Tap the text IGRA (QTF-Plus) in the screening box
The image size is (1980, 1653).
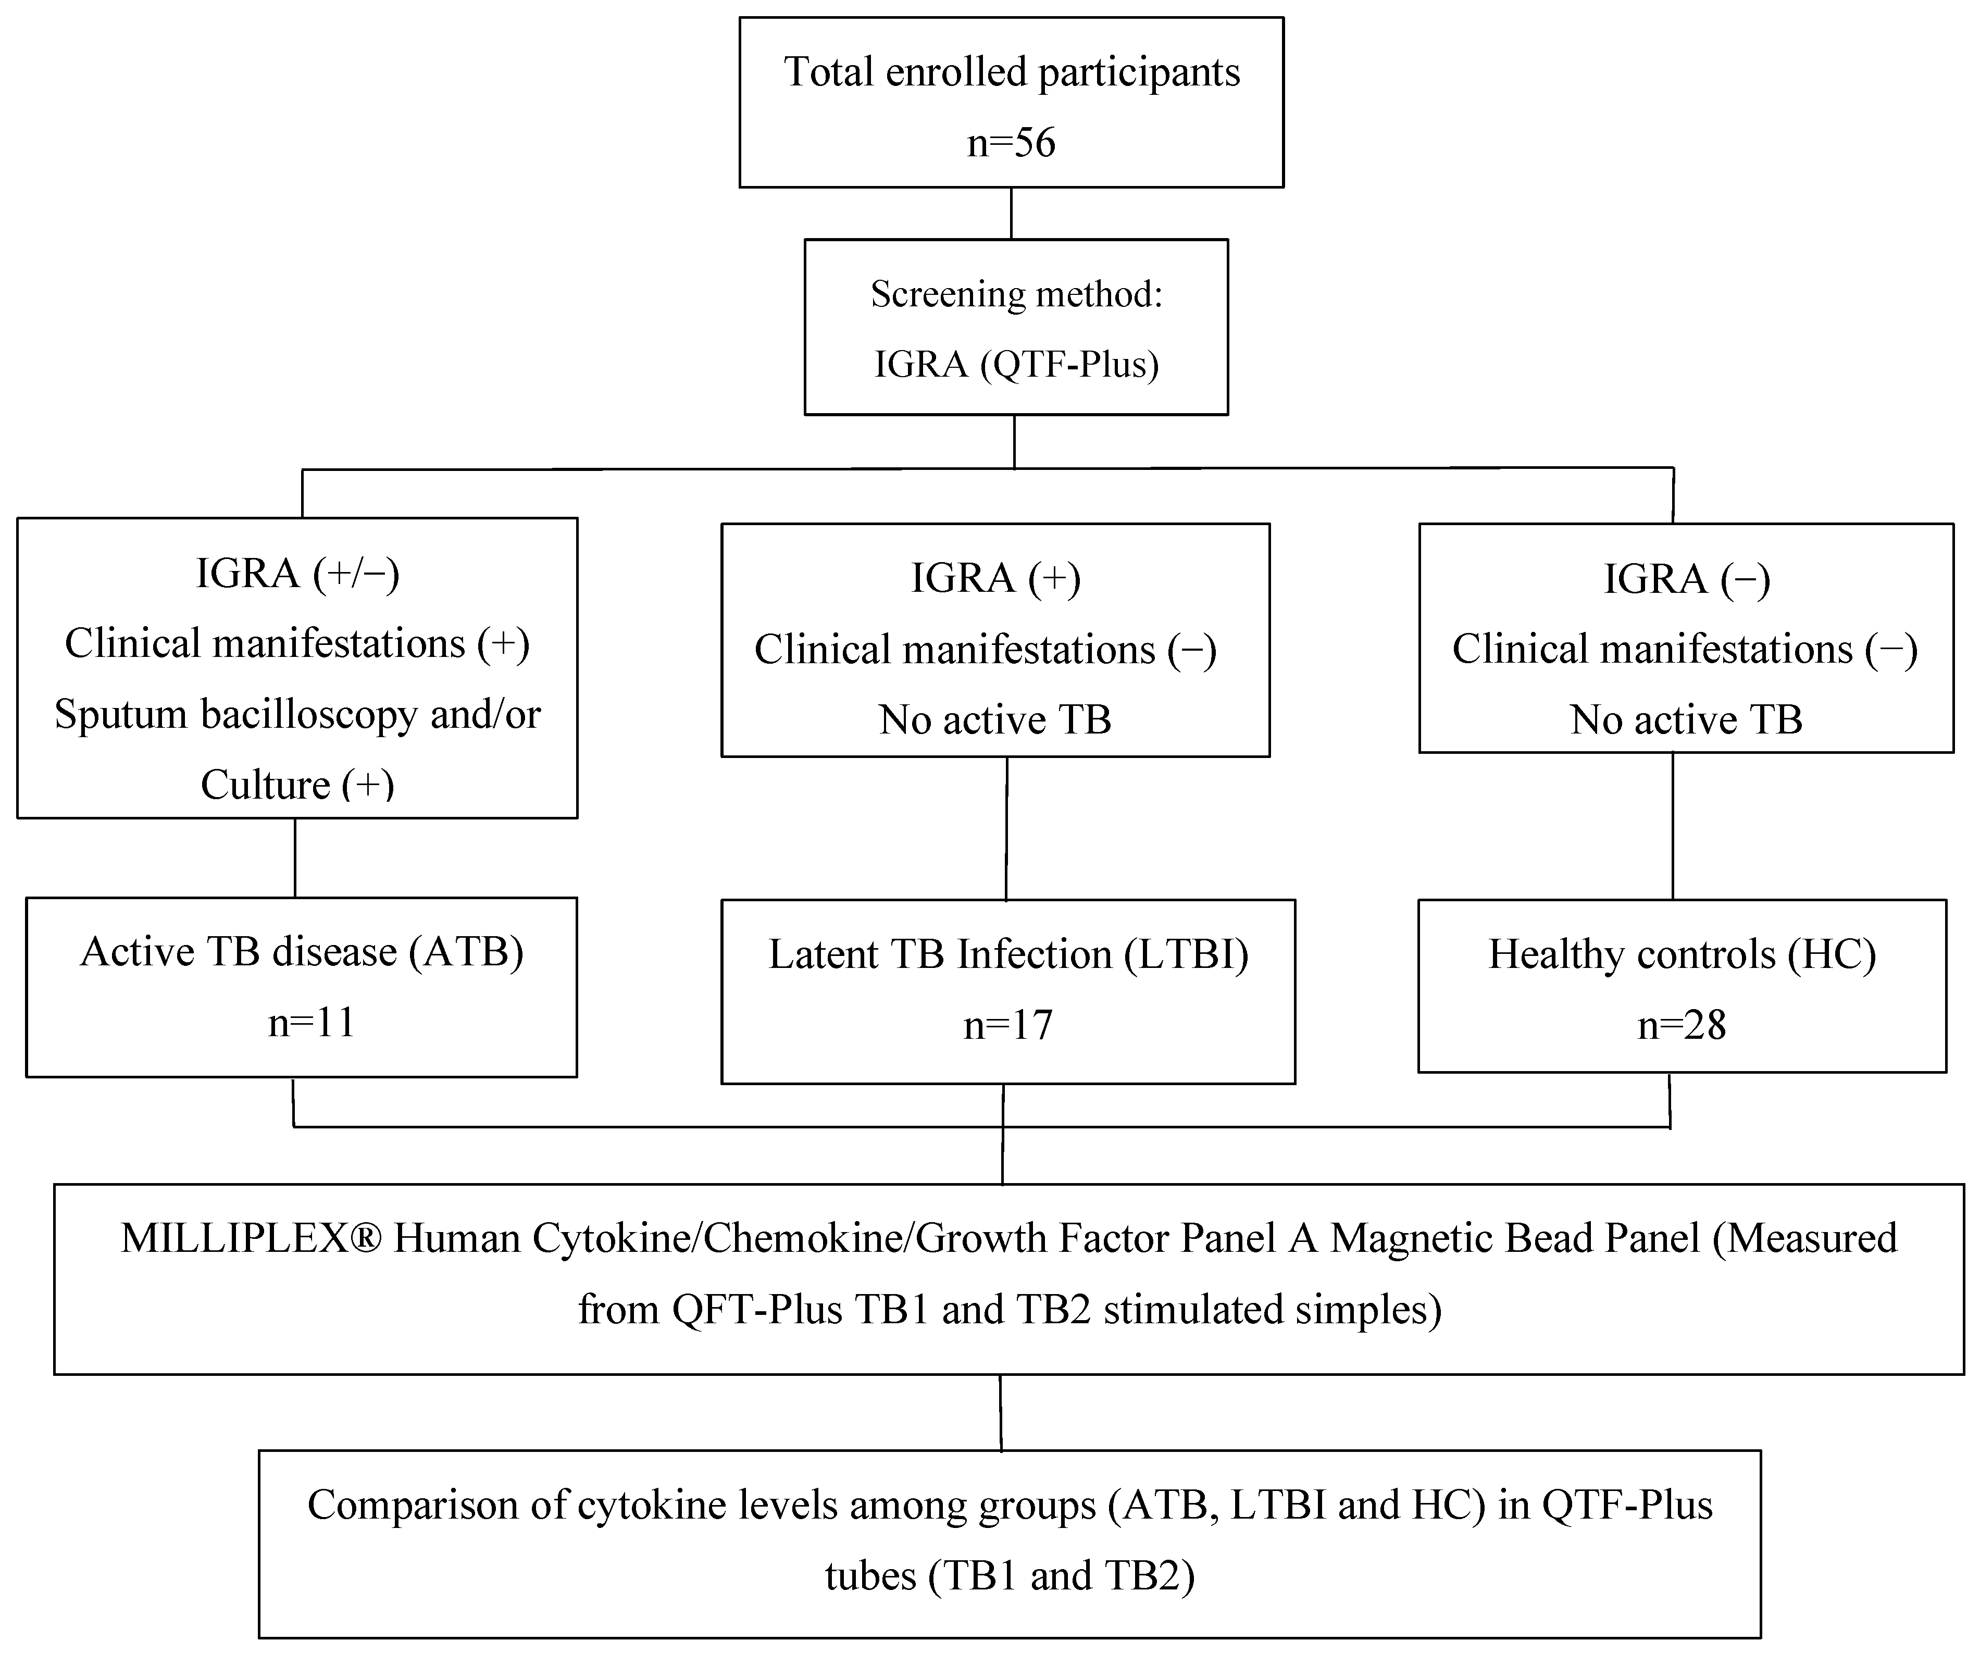pos(1015,364)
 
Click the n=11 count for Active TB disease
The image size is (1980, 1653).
pos(311,1022)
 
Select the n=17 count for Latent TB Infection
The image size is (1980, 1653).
pos(1007,1025)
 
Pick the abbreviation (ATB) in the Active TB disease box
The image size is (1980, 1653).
pos(467,951)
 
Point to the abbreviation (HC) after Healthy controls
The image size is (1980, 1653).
pos(1832,954)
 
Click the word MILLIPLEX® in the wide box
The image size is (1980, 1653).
pos(251,1239)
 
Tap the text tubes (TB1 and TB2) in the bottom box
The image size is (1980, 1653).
pos(1010,1576)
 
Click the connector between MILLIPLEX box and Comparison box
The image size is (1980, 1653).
pos(1000,1412)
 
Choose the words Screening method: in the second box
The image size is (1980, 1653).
pos(1015,294)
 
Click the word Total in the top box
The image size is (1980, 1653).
pos(829,72)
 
